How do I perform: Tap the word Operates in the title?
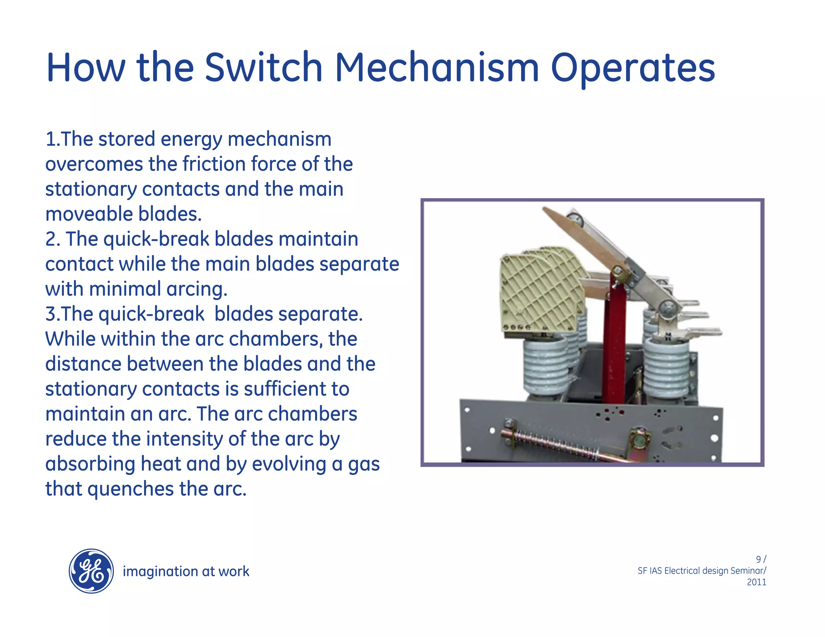pyautogui.click(x=632, y=68)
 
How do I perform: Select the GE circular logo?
pyautogui.click(x=91, y=571)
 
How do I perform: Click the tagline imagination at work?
pyautogui.click(x=186, y=571)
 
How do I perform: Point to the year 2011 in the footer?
pyautogui.click(x=756, y=582)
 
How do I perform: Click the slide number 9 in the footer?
pyautogui.click(x=759, y=559)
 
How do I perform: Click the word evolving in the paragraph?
pyautogui.click(x=289, y=464)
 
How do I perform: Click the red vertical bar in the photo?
pyautogui.click(x=615, y=342)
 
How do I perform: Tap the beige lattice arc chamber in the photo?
pyautogui.click(x=540, y=294)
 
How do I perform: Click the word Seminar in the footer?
pyautogui.click(x=748, y=571)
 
